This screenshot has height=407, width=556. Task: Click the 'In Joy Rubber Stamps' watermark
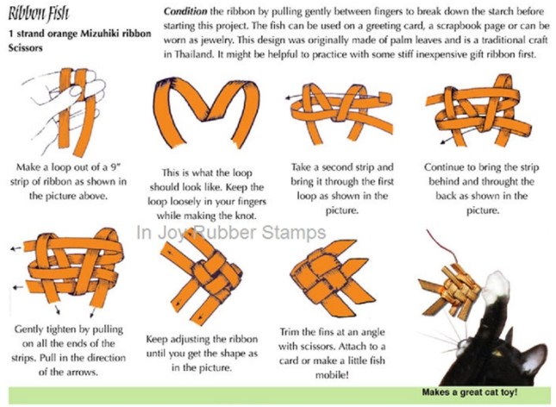point(231,233)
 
